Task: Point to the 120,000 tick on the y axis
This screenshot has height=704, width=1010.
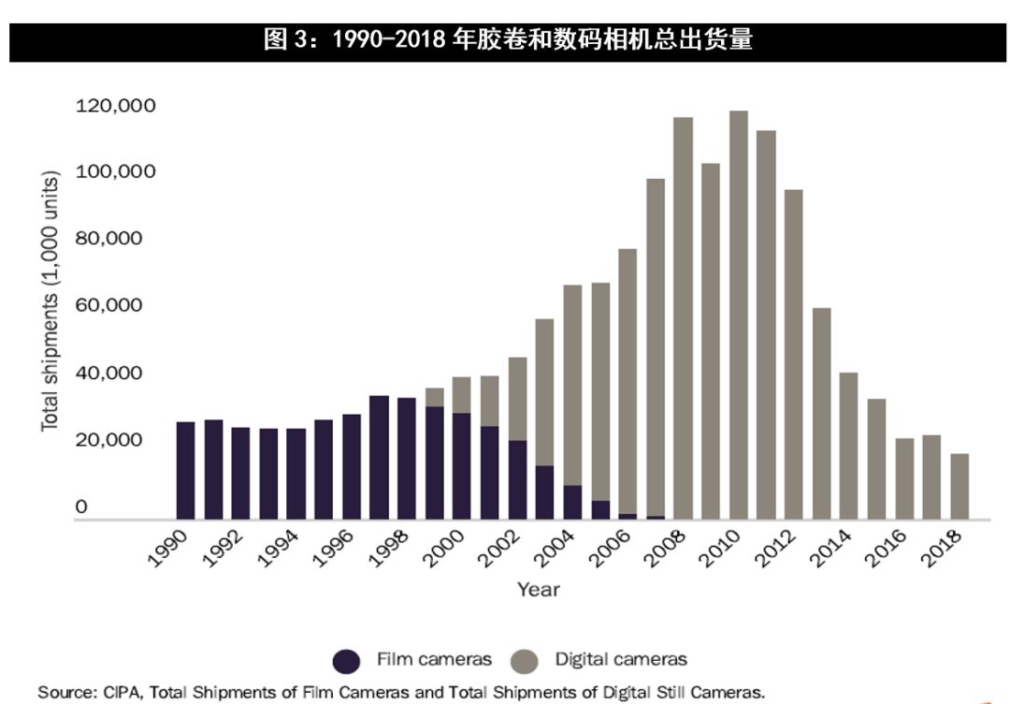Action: tap(115, 106)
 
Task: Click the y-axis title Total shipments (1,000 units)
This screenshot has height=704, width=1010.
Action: tap(50, 301)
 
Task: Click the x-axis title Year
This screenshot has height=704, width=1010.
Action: tap(539, 589)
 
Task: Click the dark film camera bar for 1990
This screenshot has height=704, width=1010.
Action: tap(186, 470)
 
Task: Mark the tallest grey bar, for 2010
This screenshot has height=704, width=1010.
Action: tap(739, 315)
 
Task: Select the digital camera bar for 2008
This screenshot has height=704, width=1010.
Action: tap(684, 318)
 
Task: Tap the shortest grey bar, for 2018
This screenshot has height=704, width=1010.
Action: tap(959, 486)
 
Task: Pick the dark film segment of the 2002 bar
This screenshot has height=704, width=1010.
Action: tap(517, 479)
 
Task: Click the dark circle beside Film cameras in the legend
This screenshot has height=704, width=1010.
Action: tap(347, 661)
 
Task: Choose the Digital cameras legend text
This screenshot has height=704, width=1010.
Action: tap(621, 659)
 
